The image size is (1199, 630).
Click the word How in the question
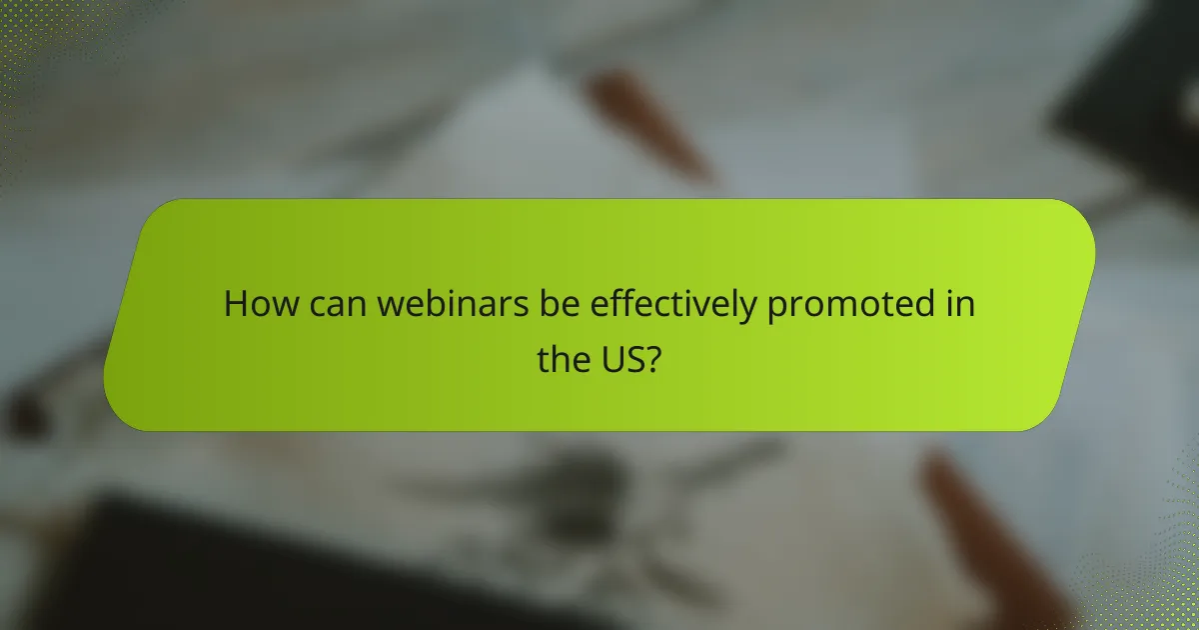[252, 303]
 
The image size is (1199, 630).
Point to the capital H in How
[235, 303]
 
